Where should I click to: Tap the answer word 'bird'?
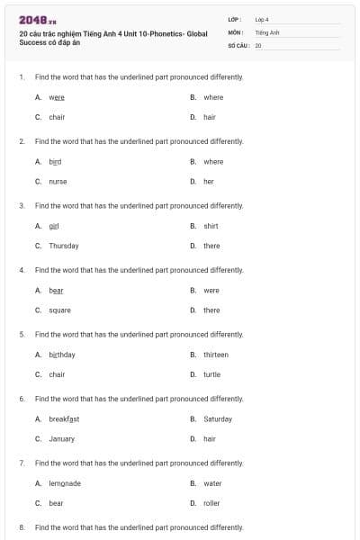click(55, 162)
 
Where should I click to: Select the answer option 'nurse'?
click(58, 181)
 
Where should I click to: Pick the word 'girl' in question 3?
click(54, 226)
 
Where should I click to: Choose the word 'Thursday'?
click(63, 246)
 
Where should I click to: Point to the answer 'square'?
click(59, 310)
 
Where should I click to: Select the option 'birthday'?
click(62, 355)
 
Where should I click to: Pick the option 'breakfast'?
click(64, 419)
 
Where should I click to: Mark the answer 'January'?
click(61, 439)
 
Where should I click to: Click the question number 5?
click(22, 335)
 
